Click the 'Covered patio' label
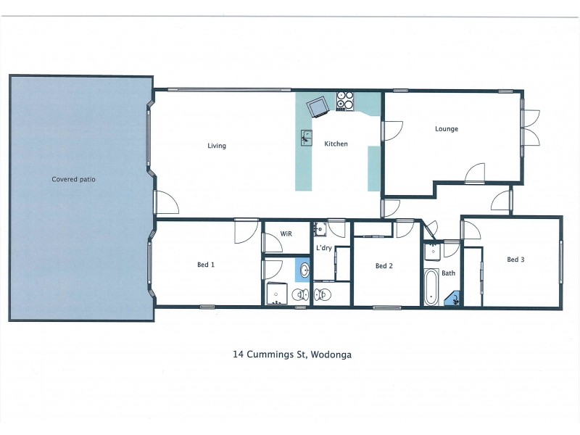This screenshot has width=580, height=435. point(73,179)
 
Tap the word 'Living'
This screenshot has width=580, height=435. point(217,146)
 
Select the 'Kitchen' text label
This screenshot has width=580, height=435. point(336,144)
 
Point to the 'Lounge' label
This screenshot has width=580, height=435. point(447,129)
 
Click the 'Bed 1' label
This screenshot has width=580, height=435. point(206,265)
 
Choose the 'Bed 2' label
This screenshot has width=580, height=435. point(384,266)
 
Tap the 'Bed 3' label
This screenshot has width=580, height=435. point(515,260)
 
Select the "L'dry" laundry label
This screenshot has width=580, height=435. point(323,249)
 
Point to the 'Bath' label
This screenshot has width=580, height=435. point(449,273)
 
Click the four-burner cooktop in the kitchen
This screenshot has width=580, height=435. point(344,101)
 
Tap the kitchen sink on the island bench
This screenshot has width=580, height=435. point(307,137)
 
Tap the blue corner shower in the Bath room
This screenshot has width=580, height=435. point(454,298)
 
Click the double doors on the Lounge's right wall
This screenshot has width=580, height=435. point(530,128)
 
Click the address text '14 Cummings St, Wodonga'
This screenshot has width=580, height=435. point(292,355)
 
